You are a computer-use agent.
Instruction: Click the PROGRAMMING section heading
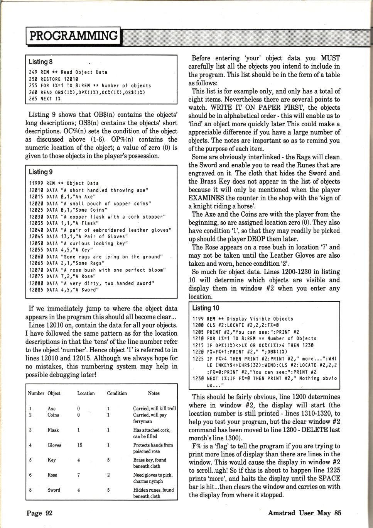pos(73,36)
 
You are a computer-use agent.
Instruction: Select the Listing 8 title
pos(41,62)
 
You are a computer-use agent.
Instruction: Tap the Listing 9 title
pos(41,172)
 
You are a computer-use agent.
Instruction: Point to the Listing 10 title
pos(205,308)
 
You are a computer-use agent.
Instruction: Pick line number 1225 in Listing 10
pos(198,358)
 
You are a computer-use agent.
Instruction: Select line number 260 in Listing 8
pos(33,92)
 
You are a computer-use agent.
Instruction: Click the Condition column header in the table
pos(117,393)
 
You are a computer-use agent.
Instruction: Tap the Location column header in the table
pos(86,393)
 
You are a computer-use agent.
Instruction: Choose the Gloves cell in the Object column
pos(54,445)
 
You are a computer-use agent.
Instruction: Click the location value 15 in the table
pos(79,445)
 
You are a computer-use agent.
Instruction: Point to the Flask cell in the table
pos(53,430)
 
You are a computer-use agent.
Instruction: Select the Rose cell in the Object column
pos(52,475)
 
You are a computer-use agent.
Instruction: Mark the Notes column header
pos(154,393)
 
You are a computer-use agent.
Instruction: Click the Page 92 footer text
pos(39,513)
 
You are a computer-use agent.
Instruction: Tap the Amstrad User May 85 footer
pos(305,513)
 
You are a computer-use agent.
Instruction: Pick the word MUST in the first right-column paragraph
pos(330,58)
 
